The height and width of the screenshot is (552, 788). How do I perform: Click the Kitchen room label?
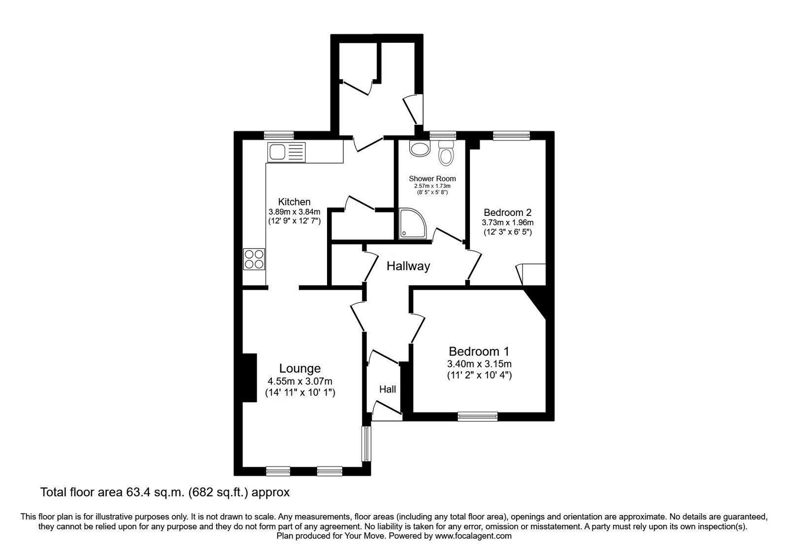[x=295, y=202]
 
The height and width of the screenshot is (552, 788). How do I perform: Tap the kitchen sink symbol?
[x=286, y=152]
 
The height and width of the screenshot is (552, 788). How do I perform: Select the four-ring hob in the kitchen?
[x=254, y=259]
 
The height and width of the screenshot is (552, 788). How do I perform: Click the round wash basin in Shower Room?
[x=419, y=148]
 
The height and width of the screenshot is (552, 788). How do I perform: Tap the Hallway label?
[x=408, y=267]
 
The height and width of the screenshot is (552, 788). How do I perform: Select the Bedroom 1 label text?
[x=479, y=351]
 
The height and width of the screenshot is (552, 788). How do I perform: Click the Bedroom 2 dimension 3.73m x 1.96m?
[x=507, y=222]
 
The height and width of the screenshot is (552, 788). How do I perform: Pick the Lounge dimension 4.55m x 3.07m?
[x=299, y=381]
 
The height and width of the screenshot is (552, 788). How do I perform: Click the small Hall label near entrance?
[x=388, y=389]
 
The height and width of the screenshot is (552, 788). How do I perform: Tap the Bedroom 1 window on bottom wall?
[x=478, y=417]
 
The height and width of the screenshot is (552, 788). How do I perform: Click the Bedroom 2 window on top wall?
[x=511, y=135]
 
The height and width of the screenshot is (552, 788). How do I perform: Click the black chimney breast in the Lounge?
[x=250, y=378]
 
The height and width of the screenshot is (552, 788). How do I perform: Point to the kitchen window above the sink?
[x=278, y=135]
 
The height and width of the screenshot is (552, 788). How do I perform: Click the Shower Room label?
[x=432, y=178]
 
